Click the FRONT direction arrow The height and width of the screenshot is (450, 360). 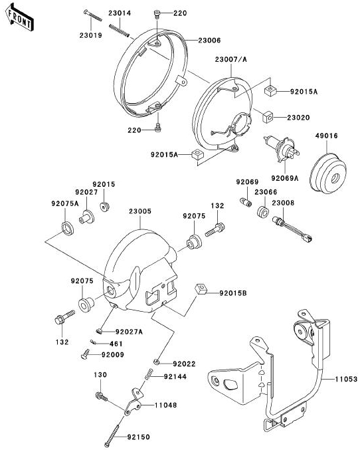point(19,18)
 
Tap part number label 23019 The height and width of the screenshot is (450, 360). point(90,36)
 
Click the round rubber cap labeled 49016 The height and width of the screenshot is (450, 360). point(328,172)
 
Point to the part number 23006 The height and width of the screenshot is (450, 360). point(209,41)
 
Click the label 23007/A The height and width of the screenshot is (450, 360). point(230,59)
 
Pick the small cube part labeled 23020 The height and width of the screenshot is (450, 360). point(268,116)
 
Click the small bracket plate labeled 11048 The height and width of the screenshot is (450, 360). point(134,401)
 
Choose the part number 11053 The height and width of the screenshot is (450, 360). point(347,380)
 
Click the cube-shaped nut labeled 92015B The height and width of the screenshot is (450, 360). point(201,288)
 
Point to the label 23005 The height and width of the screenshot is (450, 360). point(140,211)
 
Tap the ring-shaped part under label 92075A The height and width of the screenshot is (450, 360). point(68,228)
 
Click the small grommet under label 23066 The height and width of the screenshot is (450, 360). point(262,212)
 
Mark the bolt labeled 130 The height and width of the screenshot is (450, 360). point(101,397)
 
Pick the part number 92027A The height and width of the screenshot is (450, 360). point(129,332)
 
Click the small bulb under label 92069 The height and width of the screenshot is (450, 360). point(246,202)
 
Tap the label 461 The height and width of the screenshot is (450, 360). point(116,344)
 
